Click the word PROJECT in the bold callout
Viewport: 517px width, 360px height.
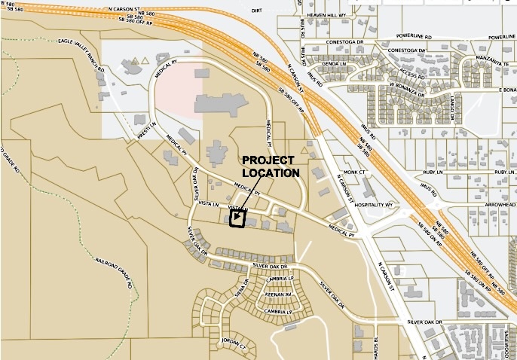pyautogui.click(x=268, y=161)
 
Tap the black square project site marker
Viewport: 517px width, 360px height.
pyautogui.click(x=237, y=218)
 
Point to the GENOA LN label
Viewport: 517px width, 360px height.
pyautogui.click(x=334, y=65)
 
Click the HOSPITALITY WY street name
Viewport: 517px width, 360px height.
pyautogui.click(x=374, y=205)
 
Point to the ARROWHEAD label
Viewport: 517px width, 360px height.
pyautogui.click(x=501, y=204)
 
